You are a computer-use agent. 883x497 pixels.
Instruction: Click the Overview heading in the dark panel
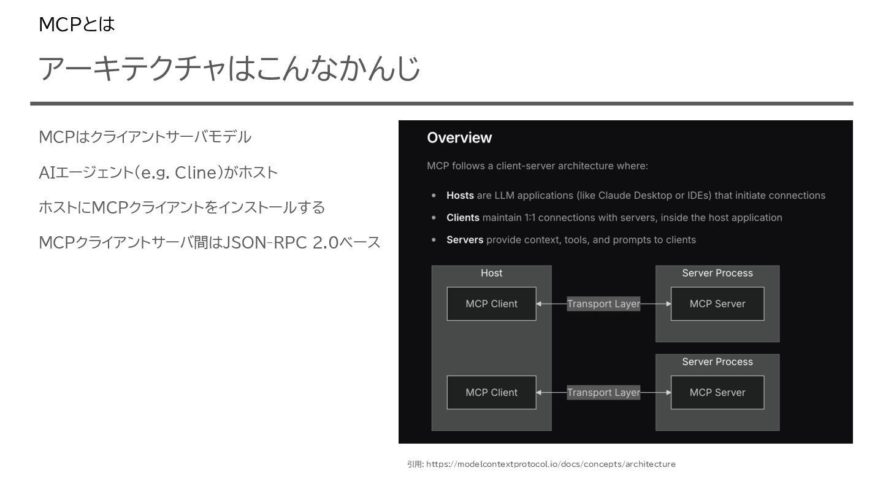pyautogui.click(x=459, y=137)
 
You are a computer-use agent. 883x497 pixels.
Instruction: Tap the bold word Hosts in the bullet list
pyautogui.click(x=460, y=195)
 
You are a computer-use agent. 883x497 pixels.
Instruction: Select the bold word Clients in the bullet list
pyautogui.click(x=463, y=217)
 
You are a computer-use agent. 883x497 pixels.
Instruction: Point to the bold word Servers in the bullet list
pyautogui.click(x=465, y=239)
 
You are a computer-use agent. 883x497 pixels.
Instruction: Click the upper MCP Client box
pyautogui.click(x=491, y=304)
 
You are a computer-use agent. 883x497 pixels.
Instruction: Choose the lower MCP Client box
pyautogui.click(x=491, y=393)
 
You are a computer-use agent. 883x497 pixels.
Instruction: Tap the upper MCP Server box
pyautogui.click(x=717, y=304)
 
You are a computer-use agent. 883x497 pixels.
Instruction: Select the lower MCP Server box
pyautogui.click(x=717, y=393)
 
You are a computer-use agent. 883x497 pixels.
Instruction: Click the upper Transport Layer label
pyautogui.click(x=603, y=304)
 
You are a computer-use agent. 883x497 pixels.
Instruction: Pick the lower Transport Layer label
pyautogui.click(x=603, y=393)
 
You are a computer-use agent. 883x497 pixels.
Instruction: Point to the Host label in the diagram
pyautogui.click(x=491, y=273)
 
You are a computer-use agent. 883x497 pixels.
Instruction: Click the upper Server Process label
pyautogui.click(x=717, y=273)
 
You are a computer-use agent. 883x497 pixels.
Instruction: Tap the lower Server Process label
pyautogui.click(x=717, y=362)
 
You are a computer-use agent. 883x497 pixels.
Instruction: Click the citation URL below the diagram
pyautogui.click(x=551, y=464)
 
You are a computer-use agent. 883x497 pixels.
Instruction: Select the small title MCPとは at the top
pyautogui.click(x=77, y=25)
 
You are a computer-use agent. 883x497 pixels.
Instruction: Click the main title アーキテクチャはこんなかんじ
pyautogui.click(x=229, y=68)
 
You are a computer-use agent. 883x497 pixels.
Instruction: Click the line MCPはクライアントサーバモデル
pyautogui.click(x=145, y=137)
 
